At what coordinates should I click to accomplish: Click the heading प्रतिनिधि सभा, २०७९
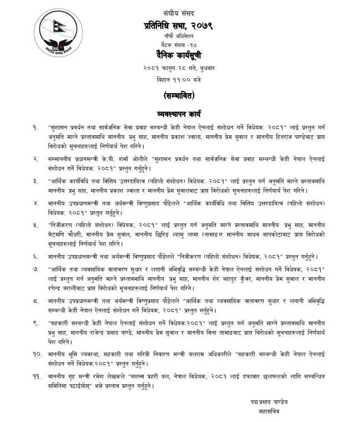[180, 24]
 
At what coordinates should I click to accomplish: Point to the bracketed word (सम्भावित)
[180, 95]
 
